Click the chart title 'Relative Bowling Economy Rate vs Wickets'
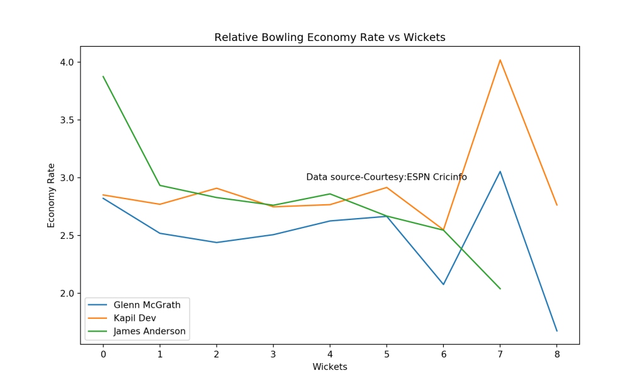pos(329,38)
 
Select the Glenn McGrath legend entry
pos(147,305)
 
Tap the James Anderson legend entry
pos(149,331)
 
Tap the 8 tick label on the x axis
pos(556,355)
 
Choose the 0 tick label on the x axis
pos(103,355)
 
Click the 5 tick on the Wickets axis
pos(387,355)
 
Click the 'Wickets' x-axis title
pos(329,367)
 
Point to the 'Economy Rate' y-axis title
pos(52,195)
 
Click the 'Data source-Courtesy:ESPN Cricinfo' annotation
pos(387,178)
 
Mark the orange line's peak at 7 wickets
pos(500,60)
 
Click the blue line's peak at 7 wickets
pos(500,171)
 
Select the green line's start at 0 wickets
pos(103,76)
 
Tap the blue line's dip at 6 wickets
pos(443,284)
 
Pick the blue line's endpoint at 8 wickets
pos(556,331)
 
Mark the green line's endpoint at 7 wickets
pos(500,289)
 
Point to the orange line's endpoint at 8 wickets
pos(556,205)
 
